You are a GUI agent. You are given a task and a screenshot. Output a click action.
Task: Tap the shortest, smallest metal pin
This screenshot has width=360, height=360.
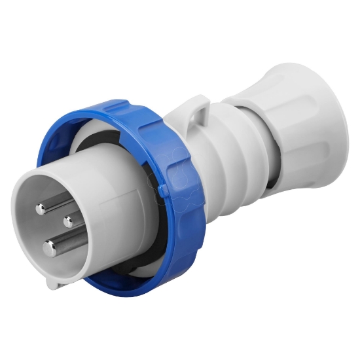[68, 221]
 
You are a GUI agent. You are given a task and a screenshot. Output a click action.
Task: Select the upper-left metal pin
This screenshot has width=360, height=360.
[41, 208]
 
